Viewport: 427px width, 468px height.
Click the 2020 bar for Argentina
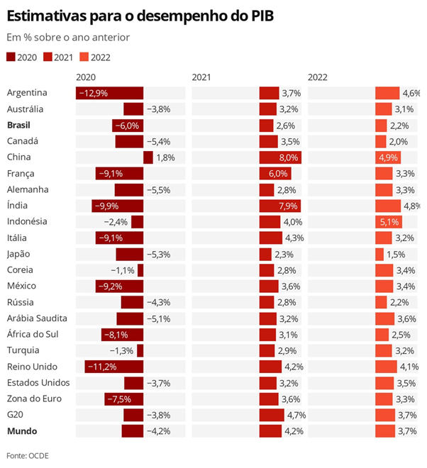(110, 93)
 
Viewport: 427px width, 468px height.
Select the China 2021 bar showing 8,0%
(280, 157)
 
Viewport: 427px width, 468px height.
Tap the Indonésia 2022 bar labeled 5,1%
(388, 221)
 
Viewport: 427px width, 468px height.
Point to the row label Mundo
(21, 430)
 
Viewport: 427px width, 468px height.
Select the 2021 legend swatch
(48, 57)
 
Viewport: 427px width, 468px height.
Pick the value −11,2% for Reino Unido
(101, 367)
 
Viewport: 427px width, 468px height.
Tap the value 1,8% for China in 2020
(165, 157)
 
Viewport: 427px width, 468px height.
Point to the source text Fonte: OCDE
(28, 455)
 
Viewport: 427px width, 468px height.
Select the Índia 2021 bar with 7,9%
(279, 206)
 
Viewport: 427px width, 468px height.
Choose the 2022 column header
(318, 77)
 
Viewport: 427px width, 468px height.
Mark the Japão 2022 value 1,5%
(396, 254)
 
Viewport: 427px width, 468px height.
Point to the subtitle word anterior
(109, 37)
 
